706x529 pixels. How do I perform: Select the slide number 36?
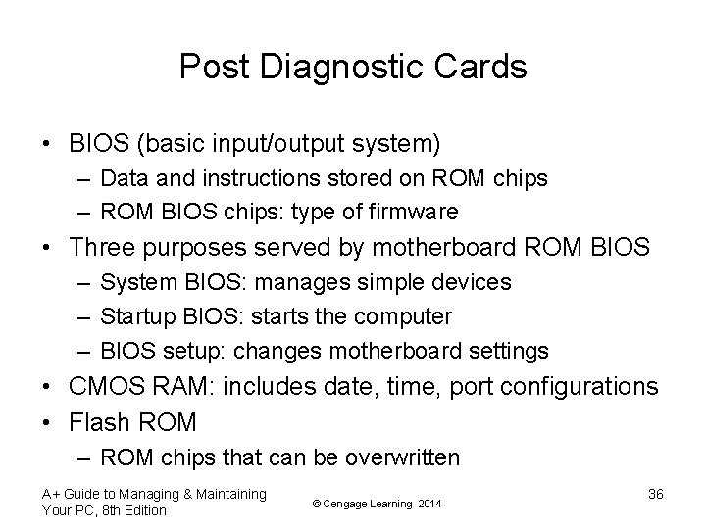pyautogui.click(x=656, y=494)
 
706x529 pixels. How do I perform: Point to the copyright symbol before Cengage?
pyautogui.click(x=316, y=504)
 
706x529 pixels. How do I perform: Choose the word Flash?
pyautogui.click(x=100, y=422)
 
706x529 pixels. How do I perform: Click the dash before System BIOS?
pyautogui.click(x=82, y=282)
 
